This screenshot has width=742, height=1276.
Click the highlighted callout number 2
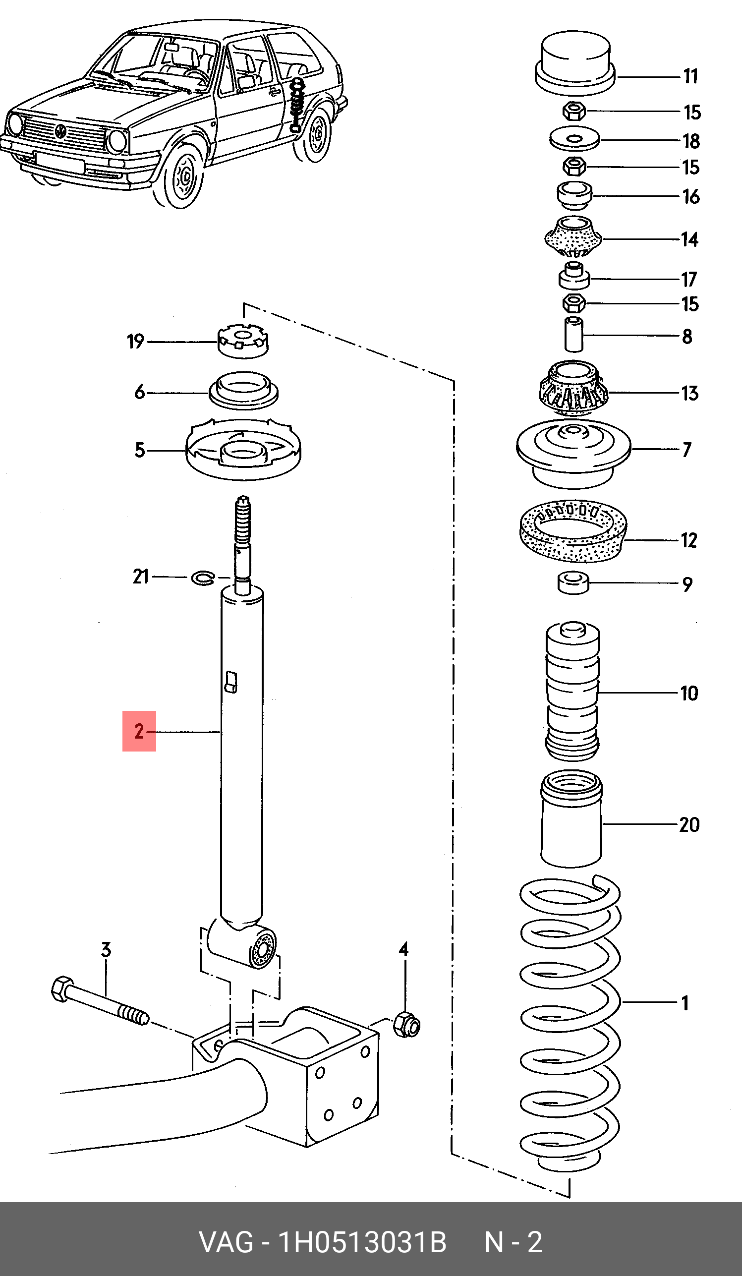[x=139, y=731]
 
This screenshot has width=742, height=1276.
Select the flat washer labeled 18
[x=574, y=139]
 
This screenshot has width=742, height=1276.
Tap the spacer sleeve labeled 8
[x=574, y=333]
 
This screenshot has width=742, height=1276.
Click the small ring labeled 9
[x=574, y=582]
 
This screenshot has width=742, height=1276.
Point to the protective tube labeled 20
[x=572, y=820]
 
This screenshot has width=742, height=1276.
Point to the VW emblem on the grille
[x=61, y=131]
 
